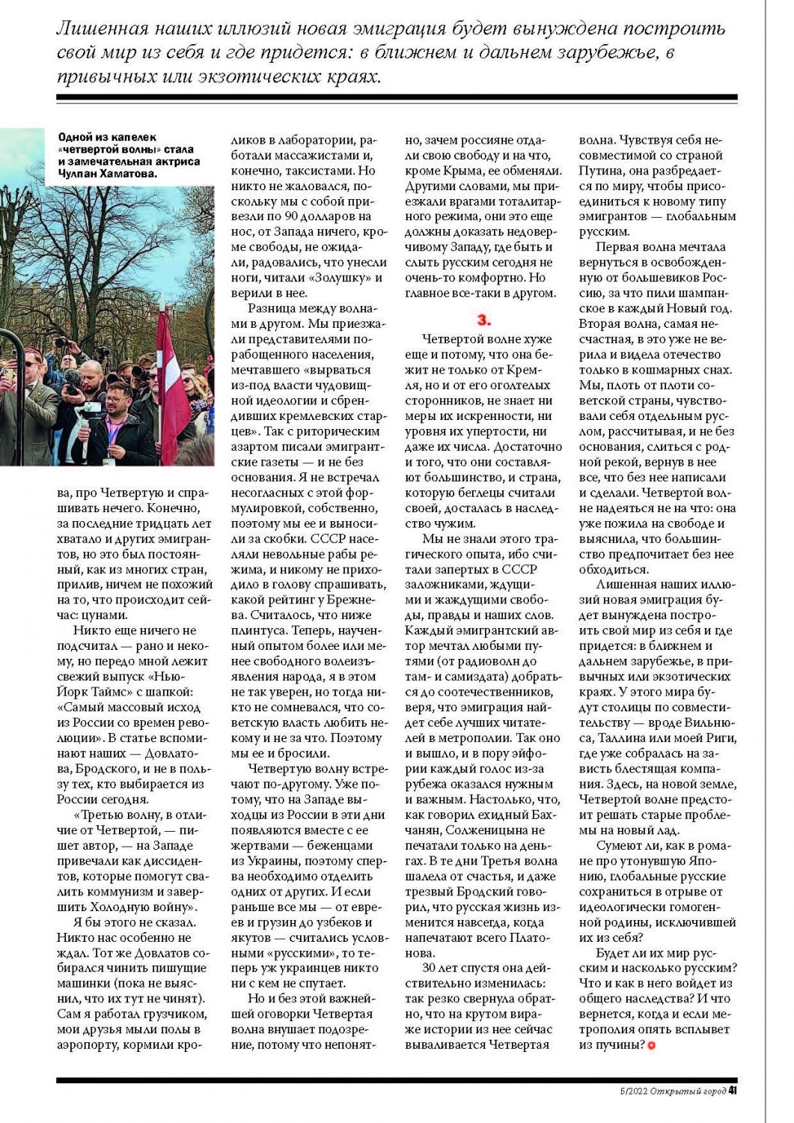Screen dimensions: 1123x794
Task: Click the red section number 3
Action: click(x=484, y=320)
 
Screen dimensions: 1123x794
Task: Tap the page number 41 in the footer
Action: click(x=733, y=1090)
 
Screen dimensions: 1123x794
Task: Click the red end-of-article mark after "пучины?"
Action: click(x=651, y=1045)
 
